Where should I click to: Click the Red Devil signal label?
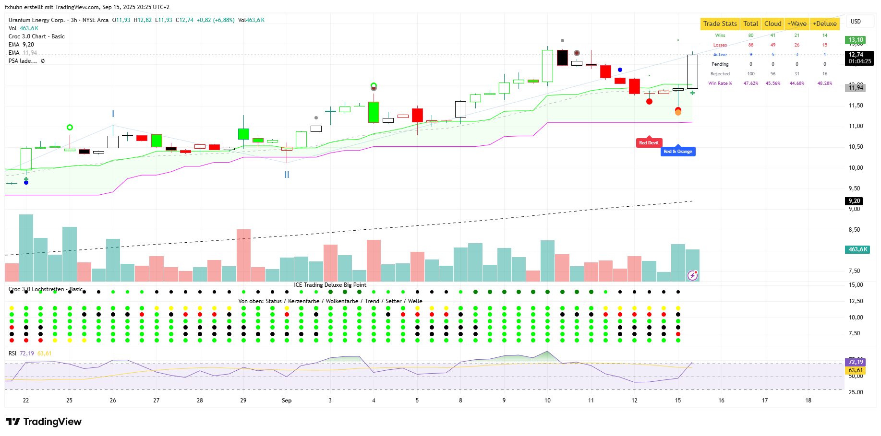click(x=649, y=142)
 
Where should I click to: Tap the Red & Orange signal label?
click(x=677, y=152)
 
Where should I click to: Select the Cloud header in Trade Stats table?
click(x=772, y=24)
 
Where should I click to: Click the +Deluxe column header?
click(x=824, y=24)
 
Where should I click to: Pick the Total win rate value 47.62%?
click(x=751, y=83)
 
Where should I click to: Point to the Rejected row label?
click(x=720, y=74)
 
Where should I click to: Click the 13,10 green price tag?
click(x=856, y=40)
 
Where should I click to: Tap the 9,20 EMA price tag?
click(x=854, y=201)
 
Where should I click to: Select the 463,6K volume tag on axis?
click(x=857, y=249)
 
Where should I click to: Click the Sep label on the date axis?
click(x=287, y=401)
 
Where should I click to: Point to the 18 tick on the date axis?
click(x=808, y=401)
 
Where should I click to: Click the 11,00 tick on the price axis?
click(x=856, y=126)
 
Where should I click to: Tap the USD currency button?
click(x=856, y=22)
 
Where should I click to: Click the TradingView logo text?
click(x=52, y=422)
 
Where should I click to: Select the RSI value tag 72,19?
click(x=856, y=362)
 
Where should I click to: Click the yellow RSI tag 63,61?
click(x=856, y=370)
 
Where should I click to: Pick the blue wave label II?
click(x=287, y=175)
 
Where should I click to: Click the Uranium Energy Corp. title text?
click(x=36, y=20)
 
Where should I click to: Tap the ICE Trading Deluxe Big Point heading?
click(x=330, y=285)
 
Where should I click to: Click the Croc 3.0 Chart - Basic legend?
click(x=36, y=36)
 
